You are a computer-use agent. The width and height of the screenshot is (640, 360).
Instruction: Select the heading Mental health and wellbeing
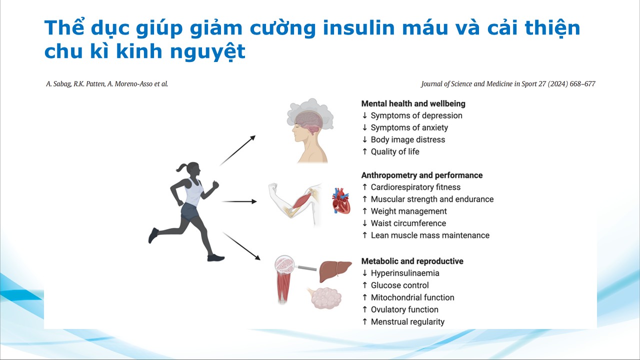(x=413, y=103)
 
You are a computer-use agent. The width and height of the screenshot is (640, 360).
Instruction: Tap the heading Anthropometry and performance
(x=421, y=175)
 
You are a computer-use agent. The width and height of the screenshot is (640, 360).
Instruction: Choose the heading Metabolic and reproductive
(x=412, y=261)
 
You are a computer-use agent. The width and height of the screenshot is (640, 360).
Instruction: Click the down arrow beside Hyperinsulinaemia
(x=364, y=273)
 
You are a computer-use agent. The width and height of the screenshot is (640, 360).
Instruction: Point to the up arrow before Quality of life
(x=364, y=151)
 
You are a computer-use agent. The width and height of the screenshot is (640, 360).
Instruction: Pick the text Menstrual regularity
(x=407, y=321)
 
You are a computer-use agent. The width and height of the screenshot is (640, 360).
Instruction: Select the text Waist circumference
(x=408, y=223)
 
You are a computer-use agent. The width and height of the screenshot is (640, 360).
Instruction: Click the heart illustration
(x=341, y=201)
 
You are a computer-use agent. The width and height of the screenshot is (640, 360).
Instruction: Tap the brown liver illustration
(x=335, y=270)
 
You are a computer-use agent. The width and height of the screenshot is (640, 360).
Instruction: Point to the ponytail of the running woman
(x=181, y=167)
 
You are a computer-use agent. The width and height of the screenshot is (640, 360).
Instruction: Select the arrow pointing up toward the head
(x=237, y=150)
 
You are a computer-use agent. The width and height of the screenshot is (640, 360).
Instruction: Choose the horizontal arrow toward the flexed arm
(x=239, y=201)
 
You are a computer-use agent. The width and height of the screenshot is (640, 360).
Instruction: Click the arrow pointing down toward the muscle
(x=241, y=246)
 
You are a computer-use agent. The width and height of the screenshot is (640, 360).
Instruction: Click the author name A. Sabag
(x=59, y=84)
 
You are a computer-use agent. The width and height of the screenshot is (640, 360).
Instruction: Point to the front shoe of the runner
(x=216, y=257)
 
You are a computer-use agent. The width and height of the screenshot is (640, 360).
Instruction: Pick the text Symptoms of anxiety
(x=409, y=127)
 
